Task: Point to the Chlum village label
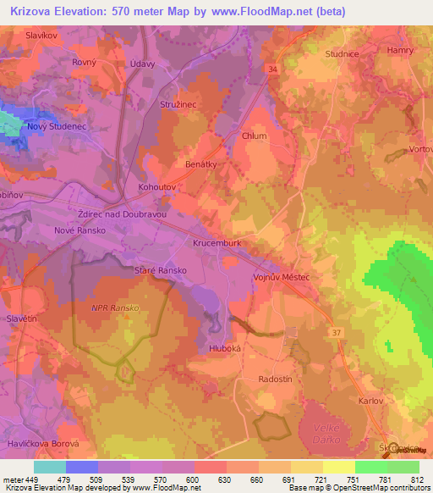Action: click(254, 136)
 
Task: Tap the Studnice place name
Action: click(343, 53)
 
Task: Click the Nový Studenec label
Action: click(52, 127)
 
